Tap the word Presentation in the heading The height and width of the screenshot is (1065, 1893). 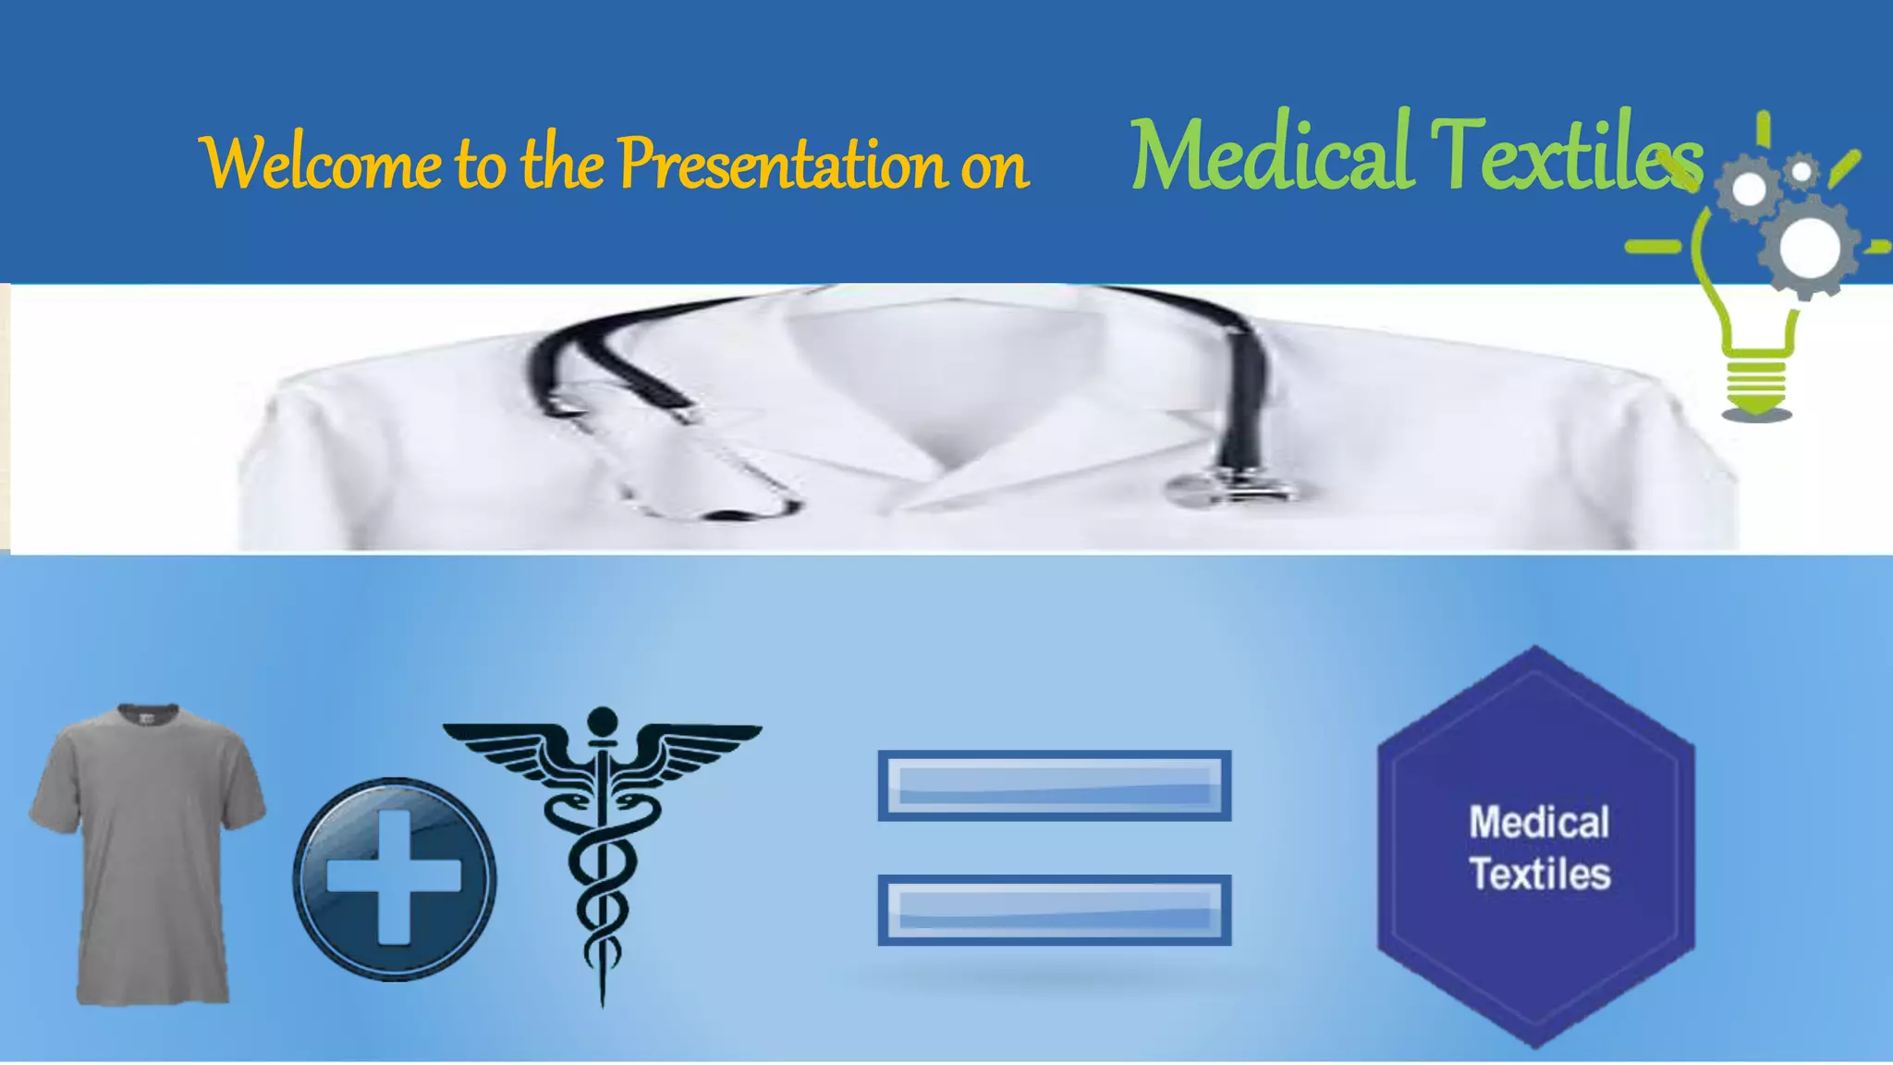coord(781,164)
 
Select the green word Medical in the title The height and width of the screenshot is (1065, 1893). coord(1270,153)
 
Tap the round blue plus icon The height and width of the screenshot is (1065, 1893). coord(395,878)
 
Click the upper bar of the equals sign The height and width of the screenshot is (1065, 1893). coord(1054,786)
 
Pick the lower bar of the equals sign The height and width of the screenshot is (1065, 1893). coord(1054,910)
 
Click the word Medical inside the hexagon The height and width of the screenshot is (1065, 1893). coord(1539,822)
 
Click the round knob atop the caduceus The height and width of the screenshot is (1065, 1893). coord(602,720)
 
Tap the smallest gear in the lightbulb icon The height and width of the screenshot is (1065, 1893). coord(1801,172)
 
